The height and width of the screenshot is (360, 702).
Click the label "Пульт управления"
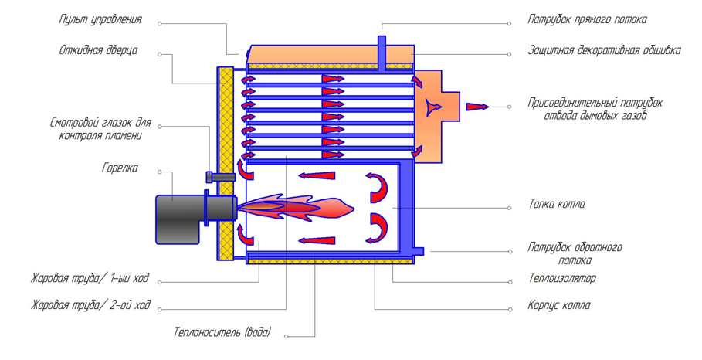coord(100,20)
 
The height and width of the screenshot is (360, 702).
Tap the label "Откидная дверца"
coord(98,50)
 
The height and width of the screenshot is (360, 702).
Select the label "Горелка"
coord(120,168)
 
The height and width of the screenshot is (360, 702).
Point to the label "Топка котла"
coord(557,205)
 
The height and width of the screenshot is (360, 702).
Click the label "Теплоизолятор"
coord(562,279)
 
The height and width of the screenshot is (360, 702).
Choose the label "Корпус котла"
coord(558,305)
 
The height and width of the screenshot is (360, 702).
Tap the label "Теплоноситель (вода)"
coord(222,333)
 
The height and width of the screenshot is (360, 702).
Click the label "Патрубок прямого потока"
coord(587,20)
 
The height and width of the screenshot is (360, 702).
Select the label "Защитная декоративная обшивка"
coord(605,50)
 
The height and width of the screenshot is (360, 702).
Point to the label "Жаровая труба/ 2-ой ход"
coord(90,305)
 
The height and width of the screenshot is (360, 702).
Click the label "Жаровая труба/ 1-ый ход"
coord(90,279)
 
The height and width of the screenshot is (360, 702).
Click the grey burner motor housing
coord(178,219)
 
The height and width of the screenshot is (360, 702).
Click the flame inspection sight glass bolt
coord(220,177)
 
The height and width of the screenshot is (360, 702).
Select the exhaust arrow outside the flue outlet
coord(477,107)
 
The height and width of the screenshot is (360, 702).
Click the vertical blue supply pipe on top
coord(382,53)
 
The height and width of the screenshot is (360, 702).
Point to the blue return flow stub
coord(419,251)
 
